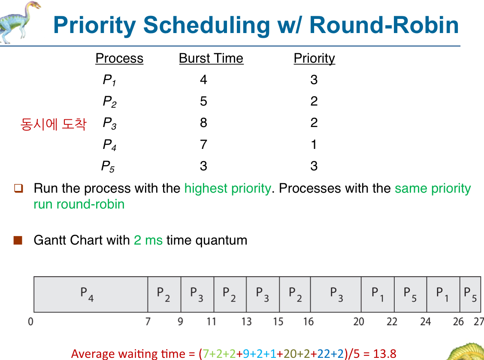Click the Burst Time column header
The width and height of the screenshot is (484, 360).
(211, 58)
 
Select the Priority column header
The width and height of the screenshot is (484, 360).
(314, 58)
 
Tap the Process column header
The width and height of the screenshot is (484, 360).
(119, 58)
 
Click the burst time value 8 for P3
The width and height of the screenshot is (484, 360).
(203, 123)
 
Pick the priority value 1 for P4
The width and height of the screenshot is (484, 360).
(314, 145)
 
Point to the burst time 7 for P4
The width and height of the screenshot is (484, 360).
(203, 145)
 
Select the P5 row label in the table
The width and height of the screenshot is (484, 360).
(108, 166)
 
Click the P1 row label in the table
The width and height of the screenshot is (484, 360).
(109, 80)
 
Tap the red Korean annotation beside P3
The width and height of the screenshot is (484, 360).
(53, 124)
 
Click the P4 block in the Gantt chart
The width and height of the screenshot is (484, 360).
(91, 294)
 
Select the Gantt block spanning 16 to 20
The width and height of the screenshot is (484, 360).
(336, 294)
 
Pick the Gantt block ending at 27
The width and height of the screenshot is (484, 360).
(470, 294)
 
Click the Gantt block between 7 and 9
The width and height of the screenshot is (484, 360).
(164, 294)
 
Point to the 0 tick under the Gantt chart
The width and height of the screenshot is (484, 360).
(30, 322)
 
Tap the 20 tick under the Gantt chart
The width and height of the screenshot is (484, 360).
(359, 322)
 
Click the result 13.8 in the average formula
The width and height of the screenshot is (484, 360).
(384, 354)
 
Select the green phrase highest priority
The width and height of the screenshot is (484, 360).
(228, 188)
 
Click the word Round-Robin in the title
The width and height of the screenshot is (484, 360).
(384, 25)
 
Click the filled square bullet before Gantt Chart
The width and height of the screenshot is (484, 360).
(18, 240)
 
